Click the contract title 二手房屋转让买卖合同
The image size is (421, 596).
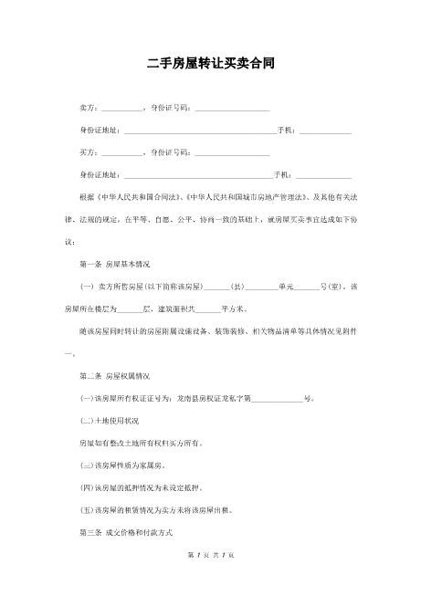click(211, 65)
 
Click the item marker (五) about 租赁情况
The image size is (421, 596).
click(88, 508)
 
